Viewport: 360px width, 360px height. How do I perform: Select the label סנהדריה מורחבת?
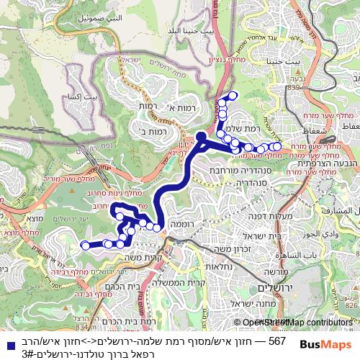pos(228,171)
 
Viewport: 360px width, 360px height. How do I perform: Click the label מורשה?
pos(278,272)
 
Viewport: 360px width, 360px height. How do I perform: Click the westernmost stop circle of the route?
pos(85,245)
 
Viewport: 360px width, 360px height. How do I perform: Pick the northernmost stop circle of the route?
pos(232,95)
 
